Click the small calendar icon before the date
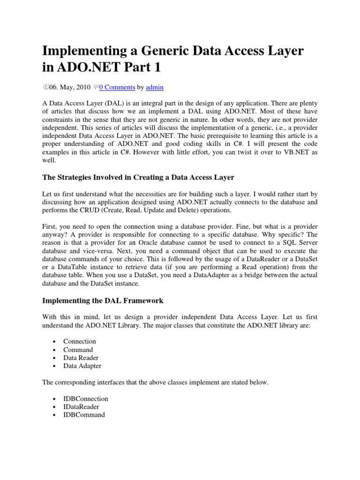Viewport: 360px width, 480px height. [x=45, y=86]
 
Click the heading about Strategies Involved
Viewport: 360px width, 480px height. [x=138, y=177]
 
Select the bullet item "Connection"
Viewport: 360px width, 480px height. [x=80, y=341]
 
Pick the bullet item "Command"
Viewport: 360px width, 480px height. [x=78, y=350]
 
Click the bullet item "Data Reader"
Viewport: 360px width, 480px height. [x=81, y=358]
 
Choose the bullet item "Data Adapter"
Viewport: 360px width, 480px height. [x=82, y=366]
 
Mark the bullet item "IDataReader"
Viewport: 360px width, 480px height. [x=82, y=407]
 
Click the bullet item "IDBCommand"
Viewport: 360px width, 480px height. [x=84, y=415]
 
